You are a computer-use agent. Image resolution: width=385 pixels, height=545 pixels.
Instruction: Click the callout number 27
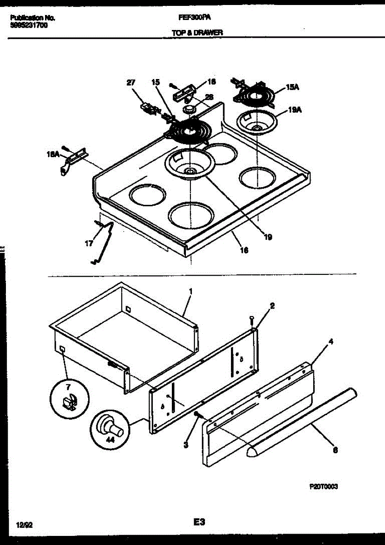[131, 83]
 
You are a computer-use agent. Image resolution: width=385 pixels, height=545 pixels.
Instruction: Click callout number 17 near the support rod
[89, 243]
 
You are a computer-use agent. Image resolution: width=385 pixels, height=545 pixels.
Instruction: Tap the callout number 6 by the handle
[335, 451]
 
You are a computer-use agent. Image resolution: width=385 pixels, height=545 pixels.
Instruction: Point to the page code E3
[199, 523]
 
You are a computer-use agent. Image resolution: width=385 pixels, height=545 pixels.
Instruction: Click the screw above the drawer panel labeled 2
[251, 321]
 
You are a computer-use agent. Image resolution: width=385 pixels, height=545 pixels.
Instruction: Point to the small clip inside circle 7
[68, 402]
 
